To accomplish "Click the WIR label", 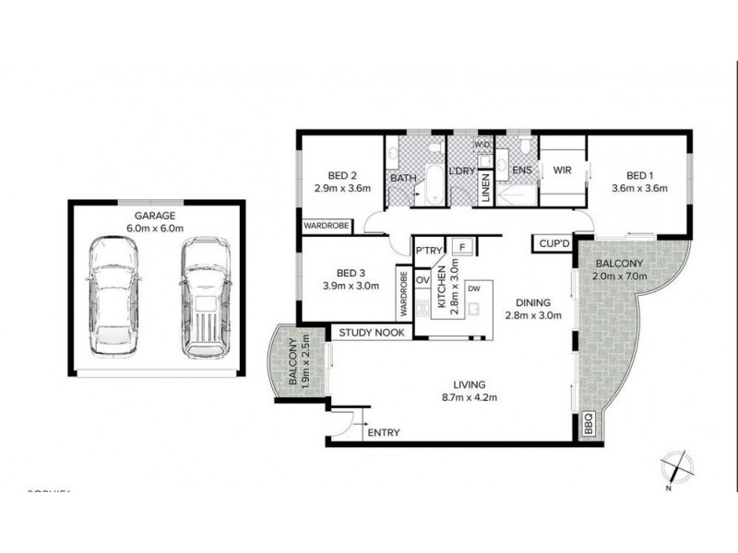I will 563,171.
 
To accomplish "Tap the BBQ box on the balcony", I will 589,427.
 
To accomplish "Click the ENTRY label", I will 383,432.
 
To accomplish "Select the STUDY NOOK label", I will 372,333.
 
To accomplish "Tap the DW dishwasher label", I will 474,288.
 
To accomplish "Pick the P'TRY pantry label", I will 429,251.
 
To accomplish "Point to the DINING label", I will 533,301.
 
